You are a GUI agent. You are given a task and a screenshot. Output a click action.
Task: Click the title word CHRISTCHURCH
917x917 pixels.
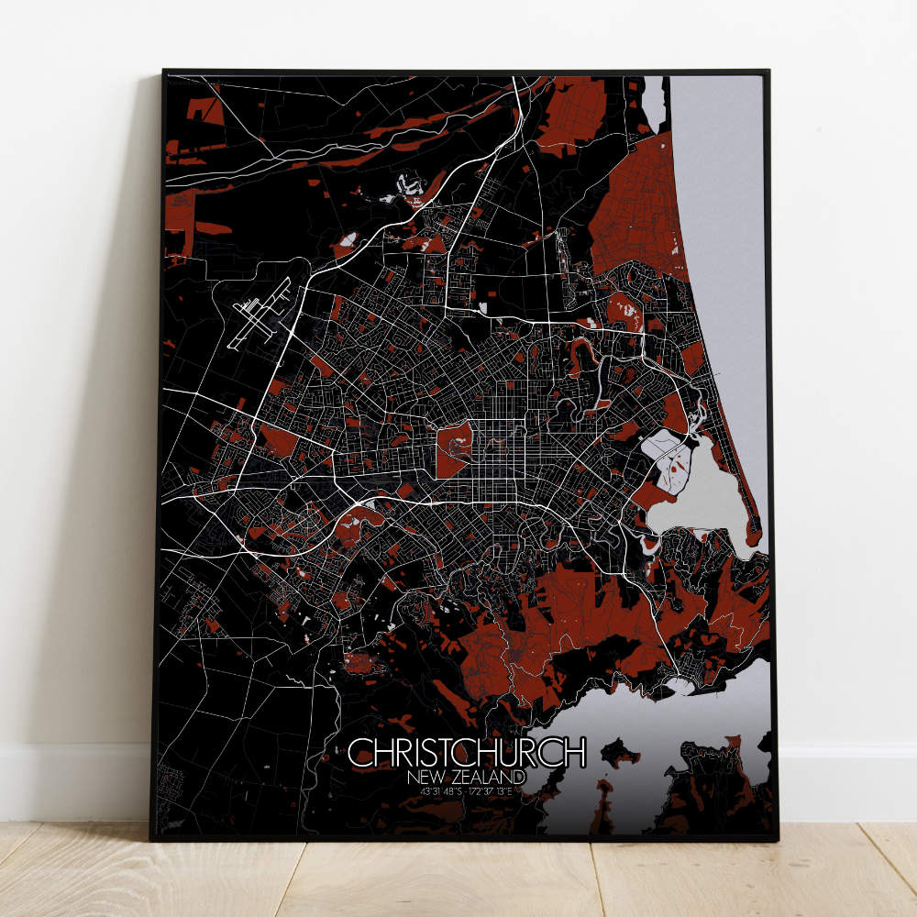(466, 752)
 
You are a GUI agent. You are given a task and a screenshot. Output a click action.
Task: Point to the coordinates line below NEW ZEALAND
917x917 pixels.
(466, 790)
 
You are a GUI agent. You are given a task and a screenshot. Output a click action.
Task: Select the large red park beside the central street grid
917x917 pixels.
(454, 449)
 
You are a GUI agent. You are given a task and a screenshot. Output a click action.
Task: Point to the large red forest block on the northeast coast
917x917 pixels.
(637, 211)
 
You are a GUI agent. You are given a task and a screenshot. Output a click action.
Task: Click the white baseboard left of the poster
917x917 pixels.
(73, 779)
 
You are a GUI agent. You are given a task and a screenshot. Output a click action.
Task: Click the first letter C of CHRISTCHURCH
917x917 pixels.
(359, 752)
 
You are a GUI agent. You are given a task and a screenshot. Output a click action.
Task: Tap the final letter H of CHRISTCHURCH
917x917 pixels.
(574, 752)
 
